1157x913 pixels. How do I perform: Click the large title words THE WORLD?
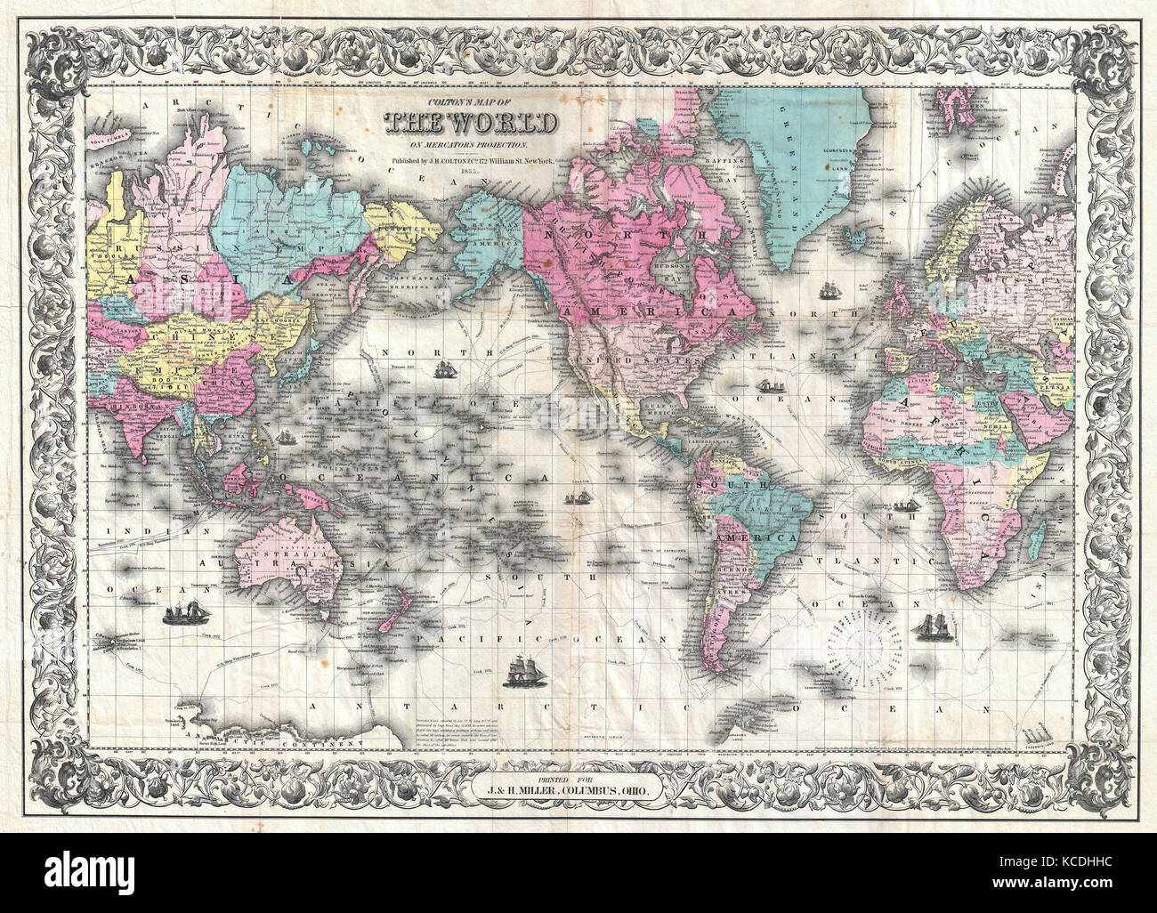point(472,122)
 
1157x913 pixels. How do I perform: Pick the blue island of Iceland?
point(855,238)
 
